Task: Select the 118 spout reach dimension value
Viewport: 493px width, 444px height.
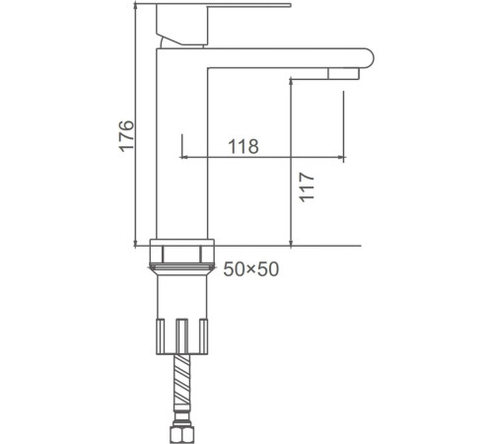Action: tap(243, 147)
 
